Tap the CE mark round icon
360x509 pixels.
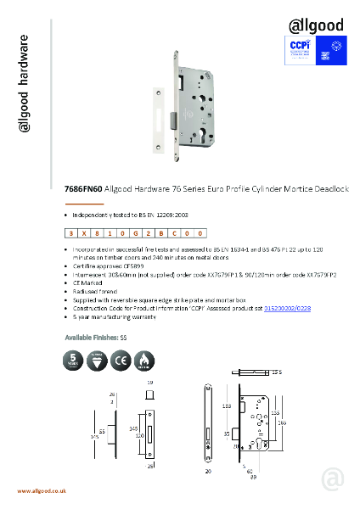(x=120, y=362)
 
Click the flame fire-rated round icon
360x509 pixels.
(x=142, y=362)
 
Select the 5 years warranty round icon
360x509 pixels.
(x=76, y=362)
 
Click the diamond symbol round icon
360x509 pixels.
(x=98, y=362)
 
